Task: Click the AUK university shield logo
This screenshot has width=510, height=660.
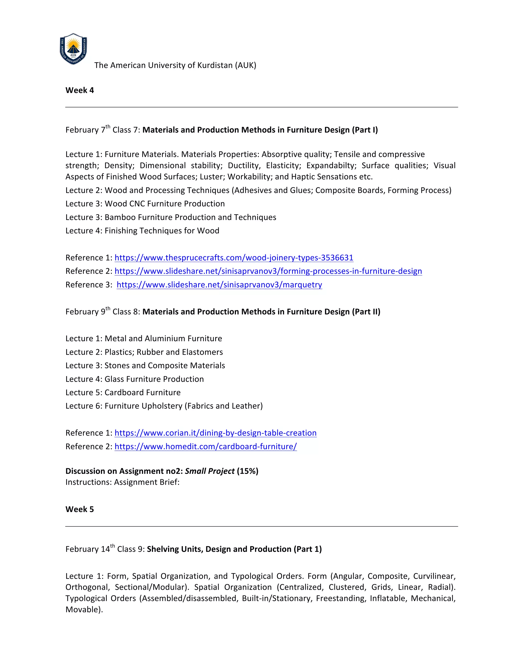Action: (73, 49)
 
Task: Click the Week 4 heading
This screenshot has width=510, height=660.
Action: (79, 90)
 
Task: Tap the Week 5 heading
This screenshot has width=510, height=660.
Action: (79, 509)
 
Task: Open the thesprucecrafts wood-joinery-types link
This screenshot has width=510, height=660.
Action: (234, 258)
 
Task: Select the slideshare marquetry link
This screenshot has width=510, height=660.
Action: (219, 285)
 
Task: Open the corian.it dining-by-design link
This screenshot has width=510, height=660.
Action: (215, 433)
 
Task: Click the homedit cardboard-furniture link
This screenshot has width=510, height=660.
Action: (205, 447)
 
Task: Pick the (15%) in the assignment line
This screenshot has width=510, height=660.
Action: (248, 471)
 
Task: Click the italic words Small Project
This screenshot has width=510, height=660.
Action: (210, 471)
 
